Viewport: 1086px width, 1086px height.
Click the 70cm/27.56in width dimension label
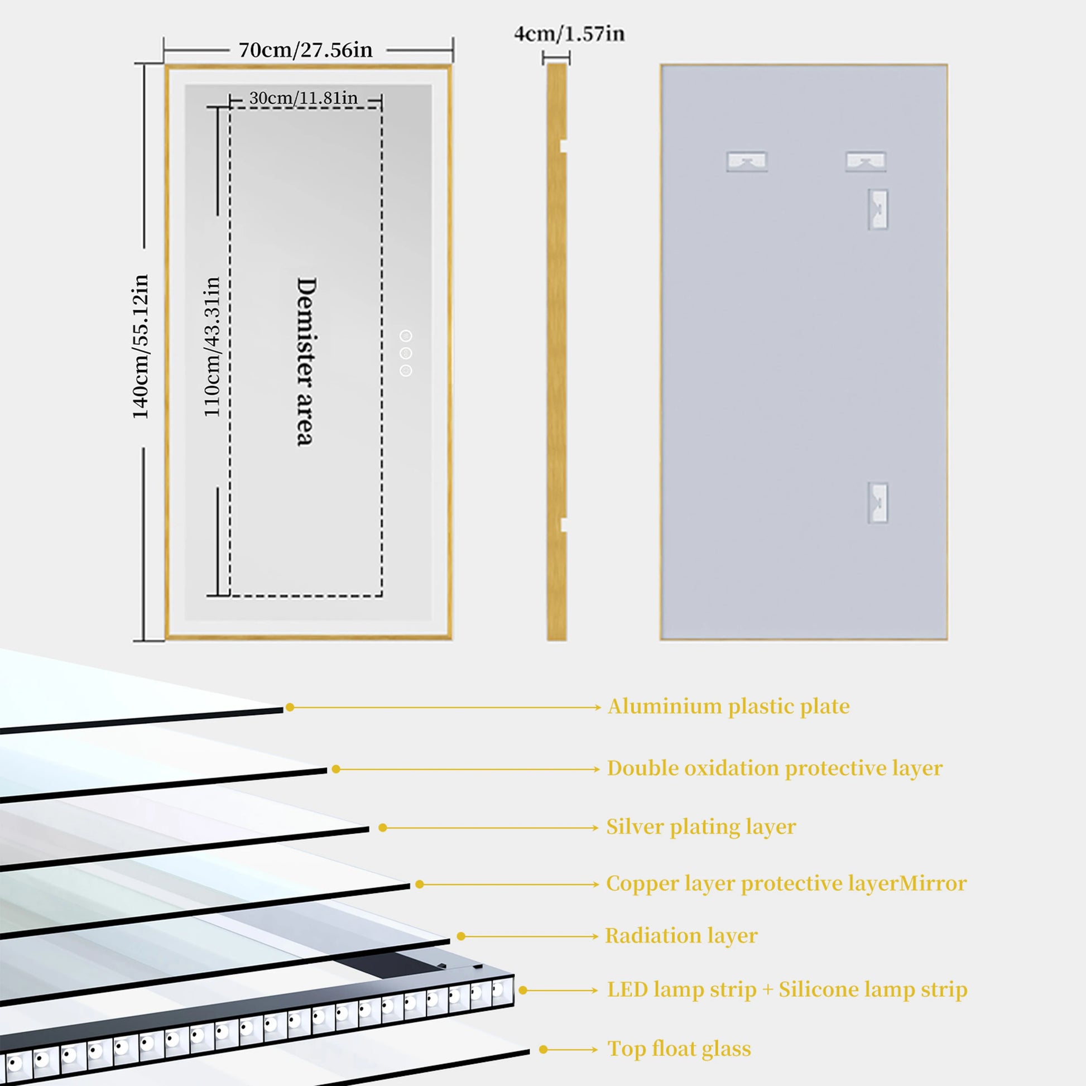pos(305,50)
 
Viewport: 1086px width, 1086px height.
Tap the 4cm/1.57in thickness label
pos(569,33)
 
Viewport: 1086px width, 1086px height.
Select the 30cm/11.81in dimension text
pos(303,98)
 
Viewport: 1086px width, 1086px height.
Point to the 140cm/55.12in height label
pos(141,346)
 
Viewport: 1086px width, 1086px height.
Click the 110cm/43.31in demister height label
pos(212,346)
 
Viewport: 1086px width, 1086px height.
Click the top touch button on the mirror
pos(406,336)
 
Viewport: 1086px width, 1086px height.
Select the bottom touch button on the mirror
pos(406,371)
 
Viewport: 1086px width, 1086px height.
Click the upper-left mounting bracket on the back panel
pos(747,162)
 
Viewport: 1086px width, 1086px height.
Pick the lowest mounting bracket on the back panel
pos(877,502)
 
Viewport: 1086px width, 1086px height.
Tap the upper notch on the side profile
pos(563,146)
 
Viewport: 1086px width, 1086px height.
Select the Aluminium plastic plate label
pos(728,707)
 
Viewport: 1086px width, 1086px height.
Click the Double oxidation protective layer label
pos(775,768)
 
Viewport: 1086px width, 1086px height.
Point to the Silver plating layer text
pos(701,827)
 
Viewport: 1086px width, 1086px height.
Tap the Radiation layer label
pos(681,936)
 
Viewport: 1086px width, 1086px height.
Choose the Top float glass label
pos(679,1049)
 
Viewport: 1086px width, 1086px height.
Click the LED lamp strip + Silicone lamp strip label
pos(787,989)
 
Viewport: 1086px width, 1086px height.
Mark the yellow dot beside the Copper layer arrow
pos(419,885)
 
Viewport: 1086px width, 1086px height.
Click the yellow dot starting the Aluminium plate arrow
pos(290,707)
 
